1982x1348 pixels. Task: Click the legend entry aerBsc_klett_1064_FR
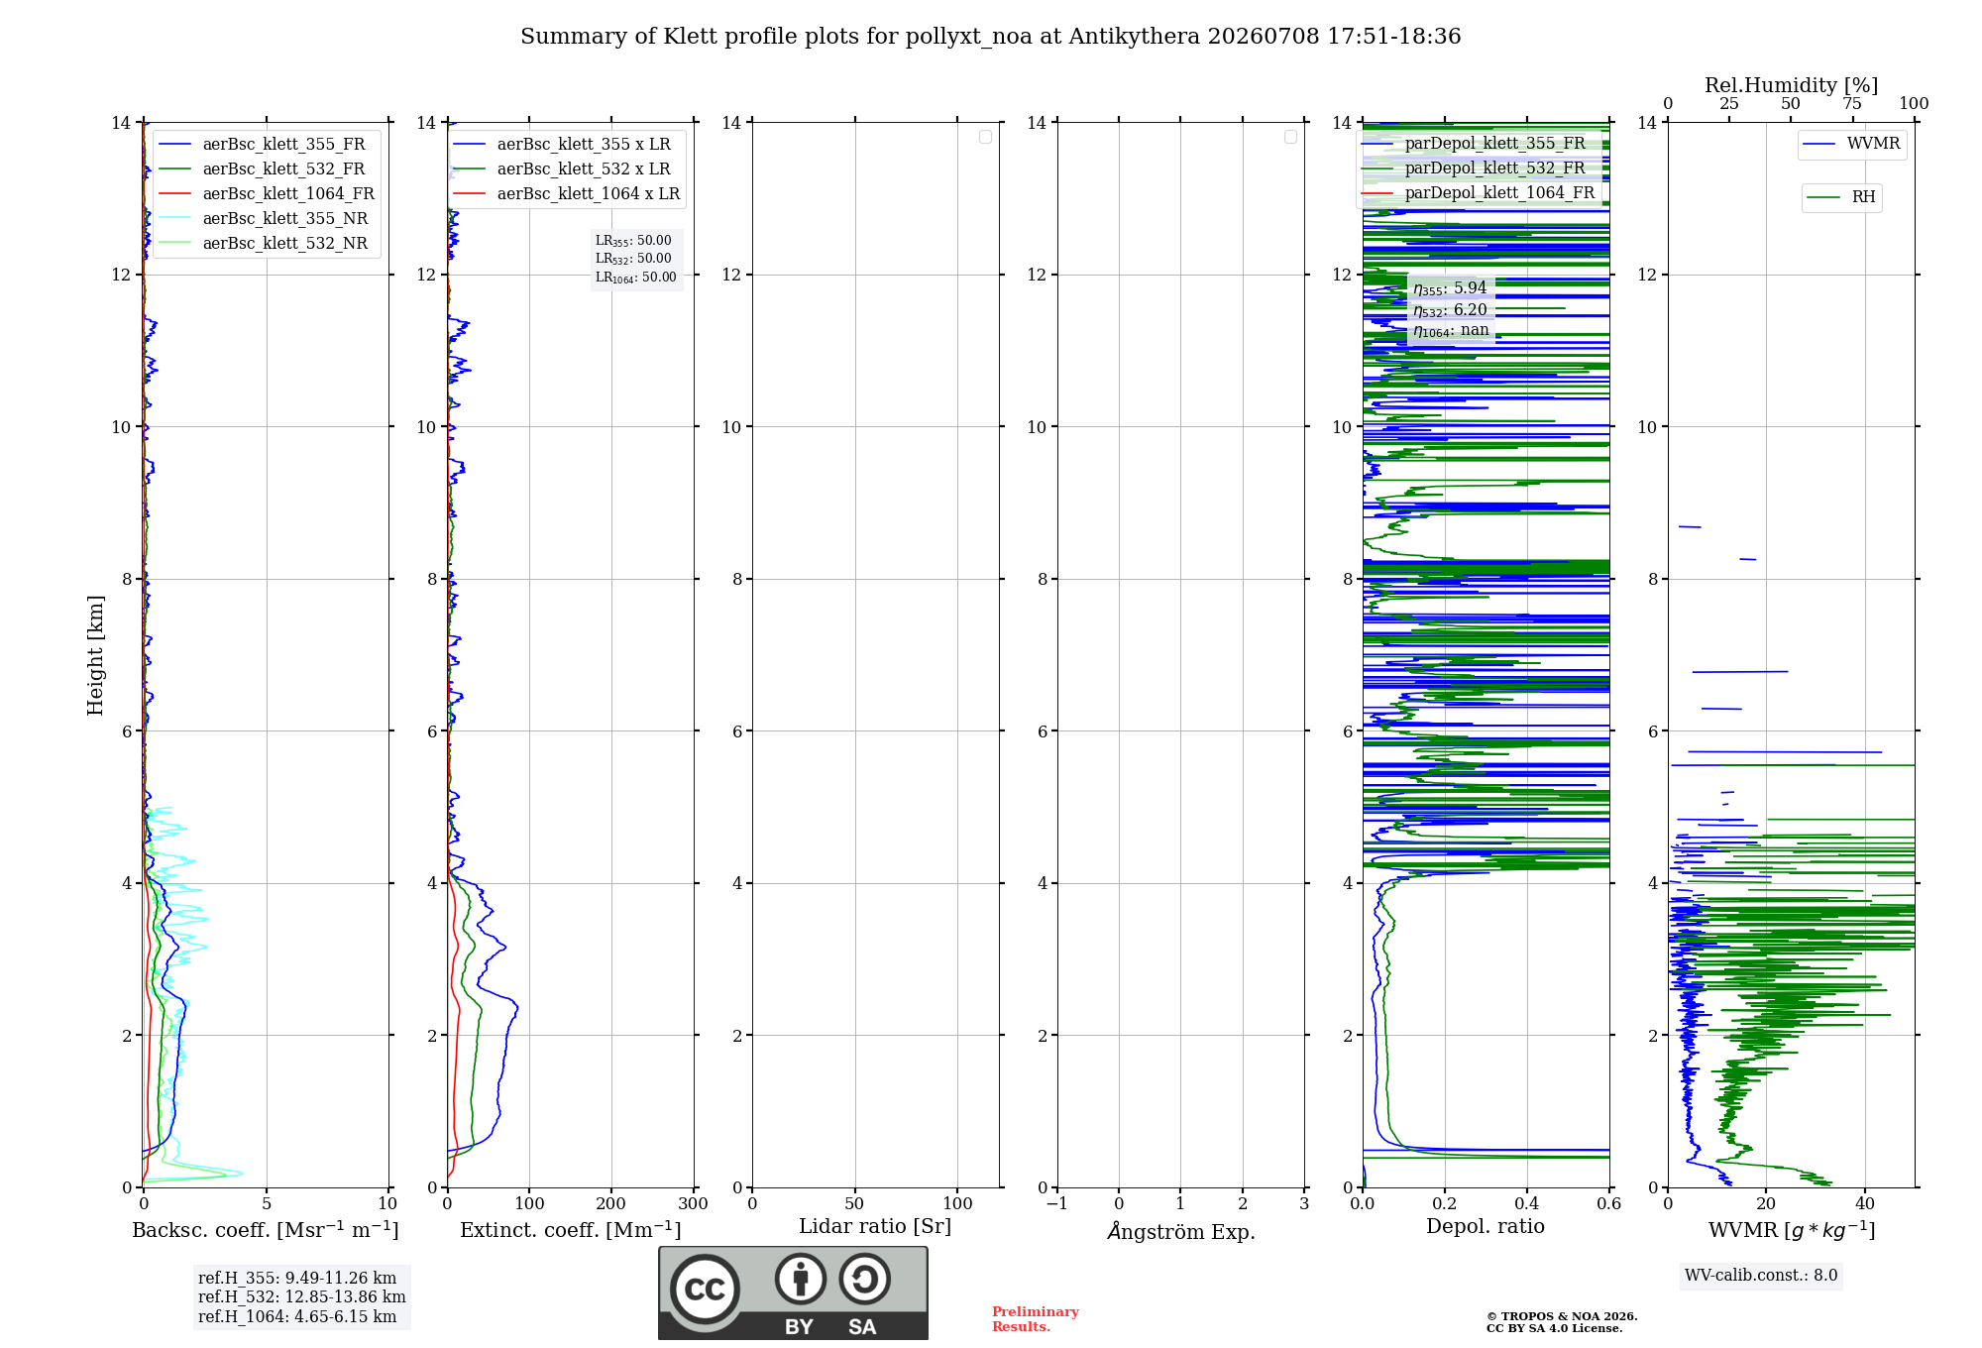267,193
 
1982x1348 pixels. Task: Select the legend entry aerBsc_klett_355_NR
264,218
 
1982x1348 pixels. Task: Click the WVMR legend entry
1851,144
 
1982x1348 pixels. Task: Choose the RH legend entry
1841,197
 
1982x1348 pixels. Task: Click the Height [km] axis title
95,655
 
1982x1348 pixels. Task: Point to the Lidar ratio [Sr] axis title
875,1226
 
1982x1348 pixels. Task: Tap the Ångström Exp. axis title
1181,1231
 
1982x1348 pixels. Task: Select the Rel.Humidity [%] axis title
1791,85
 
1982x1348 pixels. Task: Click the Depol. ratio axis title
1486,1226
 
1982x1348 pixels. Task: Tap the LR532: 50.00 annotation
633,259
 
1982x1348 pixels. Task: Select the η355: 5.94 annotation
1450,288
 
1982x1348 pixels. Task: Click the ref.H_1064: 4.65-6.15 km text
297,1316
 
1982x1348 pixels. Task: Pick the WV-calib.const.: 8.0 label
1761,1275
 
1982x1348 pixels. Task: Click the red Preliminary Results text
1036,1319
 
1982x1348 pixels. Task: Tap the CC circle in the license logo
705,1290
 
